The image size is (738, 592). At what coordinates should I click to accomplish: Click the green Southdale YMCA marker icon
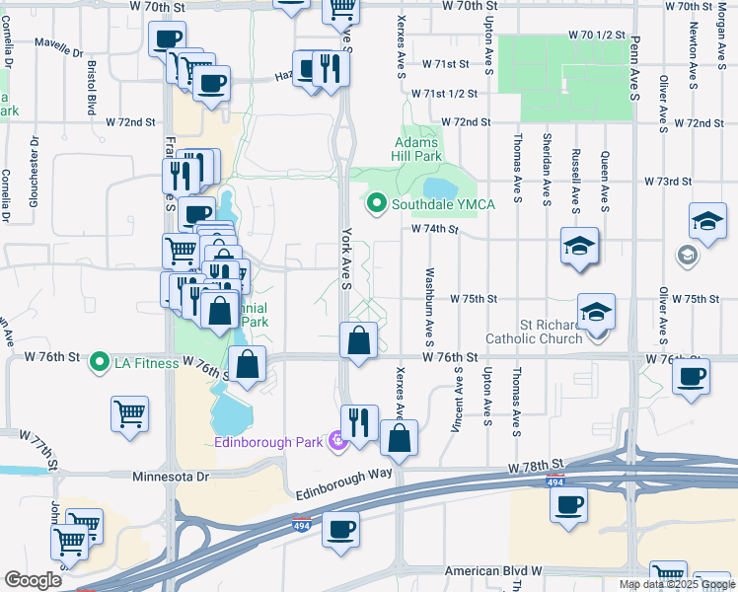376,204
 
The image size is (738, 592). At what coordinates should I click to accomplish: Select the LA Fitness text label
146,363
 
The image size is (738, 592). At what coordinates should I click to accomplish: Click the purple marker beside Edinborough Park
338,440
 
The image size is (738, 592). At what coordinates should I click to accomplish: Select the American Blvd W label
493,571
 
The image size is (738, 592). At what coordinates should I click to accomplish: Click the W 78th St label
536,464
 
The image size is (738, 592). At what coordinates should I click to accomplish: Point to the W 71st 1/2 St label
443,94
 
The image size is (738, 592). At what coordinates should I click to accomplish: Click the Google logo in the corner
33,580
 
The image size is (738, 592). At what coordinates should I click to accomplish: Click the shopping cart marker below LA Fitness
130,414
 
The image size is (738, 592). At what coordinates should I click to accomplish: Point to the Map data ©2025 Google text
676,584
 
